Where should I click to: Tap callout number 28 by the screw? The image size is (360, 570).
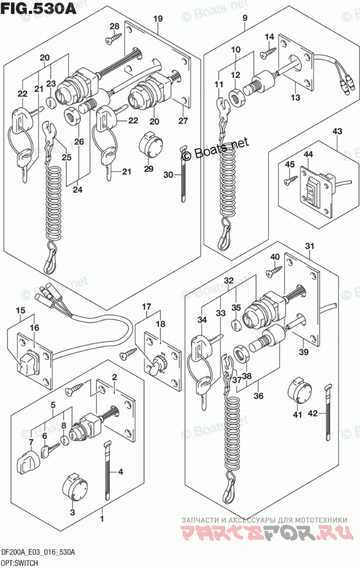[114, 26]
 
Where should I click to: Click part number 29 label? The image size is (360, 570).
[148, 168]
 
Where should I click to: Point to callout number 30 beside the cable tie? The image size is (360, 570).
[168, 175]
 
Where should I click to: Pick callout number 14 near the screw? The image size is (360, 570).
[269, 38]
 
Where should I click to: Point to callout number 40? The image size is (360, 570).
[275, 257]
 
